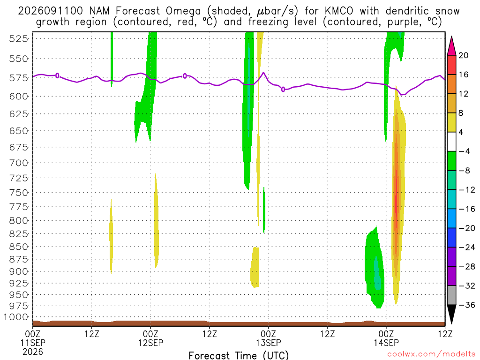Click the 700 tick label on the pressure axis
19,163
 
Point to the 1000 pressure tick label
16,317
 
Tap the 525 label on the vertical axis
19,39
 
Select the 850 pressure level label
19,247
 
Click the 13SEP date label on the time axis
269,343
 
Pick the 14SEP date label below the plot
386,343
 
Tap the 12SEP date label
150,343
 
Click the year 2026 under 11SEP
33,352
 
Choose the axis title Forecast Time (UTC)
239,355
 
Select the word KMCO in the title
338,11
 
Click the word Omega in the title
183,12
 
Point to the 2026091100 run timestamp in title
51,11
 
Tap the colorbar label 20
463,55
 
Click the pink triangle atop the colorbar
451,46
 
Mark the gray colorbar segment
451,295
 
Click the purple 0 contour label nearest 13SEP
283,90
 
